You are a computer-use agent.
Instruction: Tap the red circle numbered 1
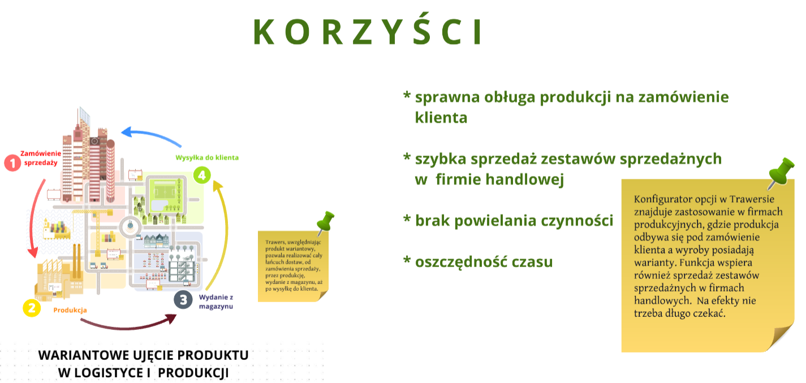[12, 163]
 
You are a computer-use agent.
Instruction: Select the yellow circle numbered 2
[32, 308]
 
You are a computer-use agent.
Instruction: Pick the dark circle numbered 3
[183, 299]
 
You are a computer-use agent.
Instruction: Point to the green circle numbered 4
[202, 175]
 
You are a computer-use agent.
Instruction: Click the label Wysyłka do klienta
[207, 158]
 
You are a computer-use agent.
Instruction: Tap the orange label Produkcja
[70, 310]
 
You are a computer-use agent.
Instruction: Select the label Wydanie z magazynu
[216, 302]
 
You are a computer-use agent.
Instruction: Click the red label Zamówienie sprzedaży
[41, 158]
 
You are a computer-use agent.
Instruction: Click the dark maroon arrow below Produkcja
[128, 326]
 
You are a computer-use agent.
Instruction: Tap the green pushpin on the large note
[781, 172]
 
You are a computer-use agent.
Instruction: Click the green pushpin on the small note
[325, 222]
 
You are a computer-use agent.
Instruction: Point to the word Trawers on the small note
[275, 242]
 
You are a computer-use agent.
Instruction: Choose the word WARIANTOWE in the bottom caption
[84, 355]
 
